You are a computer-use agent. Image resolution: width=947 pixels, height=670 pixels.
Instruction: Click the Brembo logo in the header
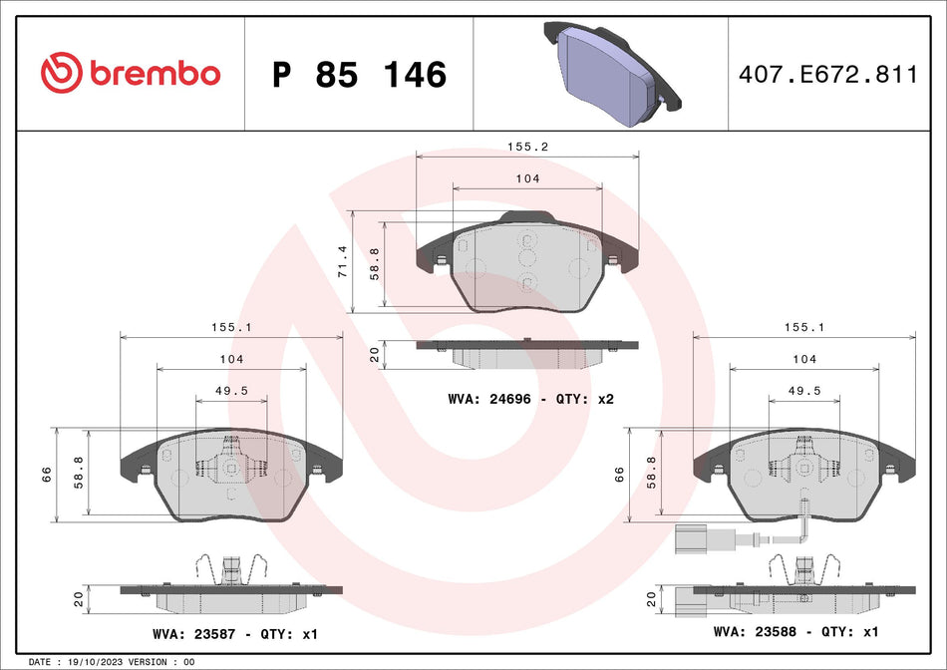click(130, 74)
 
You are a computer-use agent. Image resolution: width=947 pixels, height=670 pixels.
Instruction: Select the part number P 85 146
click(359, 75)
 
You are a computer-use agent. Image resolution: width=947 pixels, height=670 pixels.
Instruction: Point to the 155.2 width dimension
click(527, 146)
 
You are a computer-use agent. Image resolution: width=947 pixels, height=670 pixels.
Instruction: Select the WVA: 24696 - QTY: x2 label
click(530, 399)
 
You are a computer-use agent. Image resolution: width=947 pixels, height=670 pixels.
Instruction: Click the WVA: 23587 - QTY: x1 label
click(234, 633)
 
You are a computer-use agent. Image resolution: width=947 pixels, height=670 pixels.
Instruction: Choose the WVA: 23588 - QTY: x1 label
click(794, 632)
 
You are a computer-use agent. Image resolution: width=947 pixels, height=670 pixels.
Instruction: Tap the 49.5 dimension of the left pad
click(231, 391)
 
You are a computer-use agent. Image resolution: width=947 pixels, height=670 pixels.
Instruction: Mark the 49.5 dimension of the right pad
click(803, 391)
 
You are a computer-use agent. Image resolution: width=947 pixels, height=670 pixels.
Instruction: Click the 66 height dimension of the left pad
click(47, 475)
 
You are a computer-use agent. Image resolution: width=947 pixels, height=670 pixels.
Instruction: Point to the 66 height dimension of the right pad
click(619, 475)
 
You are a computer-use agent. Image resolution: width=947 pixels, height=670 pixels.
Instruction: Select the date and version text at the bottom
click(112, 662)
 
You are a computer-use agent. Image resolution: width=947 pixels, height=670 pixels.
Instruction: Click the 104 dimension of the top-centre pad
click(527, 178)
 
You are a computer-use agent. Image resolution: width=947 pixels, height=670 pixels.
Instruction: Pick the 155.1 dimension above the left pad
click(231, 325)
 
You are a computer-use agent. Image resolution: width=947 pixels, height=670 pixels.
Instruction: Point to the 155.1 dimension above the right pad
click(803, 325)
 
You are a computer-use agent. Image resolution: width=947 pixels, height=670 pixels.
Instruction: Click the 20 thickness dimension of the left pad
click(80, 599)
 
